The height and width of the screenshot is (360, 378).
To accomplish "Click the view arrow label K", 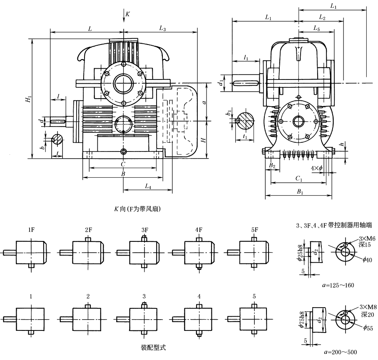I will (127, 14).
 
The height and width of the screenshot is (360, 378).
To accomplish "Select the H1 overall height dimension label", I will (27, 100).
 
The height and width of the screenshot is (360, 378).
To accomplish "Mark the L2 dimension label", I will (322, 17).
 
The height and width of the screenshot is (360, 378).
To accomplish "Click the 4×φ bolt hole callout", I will (317, 168).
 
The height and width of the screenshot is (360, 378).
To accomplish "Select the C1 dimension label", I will (298, 179).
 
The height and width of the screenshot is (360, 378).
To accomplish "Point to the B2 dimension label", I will (272, 166).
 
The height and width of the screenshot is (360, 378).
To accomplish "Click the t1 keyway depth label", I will (245, 136).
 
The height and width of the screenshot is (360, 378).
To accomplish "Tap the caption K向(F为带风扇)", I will (132, 209).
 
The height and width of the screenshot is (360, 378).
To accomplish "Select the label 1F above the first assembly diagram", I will (31, 230).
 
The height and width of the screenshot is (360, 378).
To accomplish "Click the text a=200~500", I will (340, 352).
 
